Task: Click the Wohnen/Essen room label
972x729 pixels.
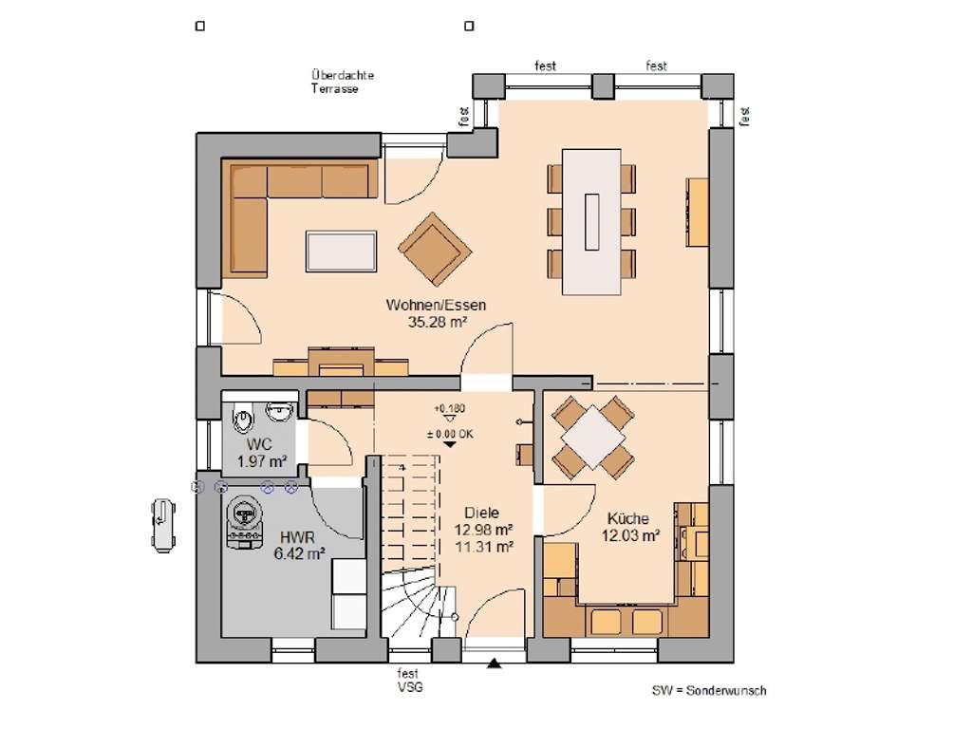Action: [x=436, y=305]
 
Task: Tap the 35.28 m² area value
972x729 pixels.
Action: [x=437, y=322]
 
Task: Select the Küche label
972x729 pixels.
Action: [x=628, y=519]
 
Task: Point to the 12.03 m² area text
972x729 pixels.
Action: [x=630, y=535]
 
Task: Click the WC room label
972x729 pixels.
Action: [x=259, y=444]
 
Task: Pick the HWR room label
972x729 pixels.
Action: [x=297, y=537]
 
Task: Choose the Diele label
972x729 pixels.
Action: [x=481, y=514]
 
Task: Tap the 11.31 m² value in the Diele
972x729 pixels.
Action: [x=483, y=547]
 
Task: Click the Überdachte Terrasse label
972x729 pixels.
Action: [x=342, y=82]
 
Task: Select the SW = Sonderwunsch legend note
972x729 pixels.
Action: [x=708, y=691]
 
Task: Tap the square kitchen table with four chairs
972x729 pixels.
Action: [x=593, y=437]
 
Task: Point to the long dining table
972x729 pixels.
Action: [x=591, y=221]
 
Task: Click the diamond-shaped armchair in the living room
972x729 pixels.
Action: [x=435, y=250]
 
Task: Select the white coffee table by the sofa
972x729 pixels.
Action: [x=341, y=251]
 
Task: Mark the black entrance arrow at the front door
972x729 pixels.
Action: [x=494, y=664]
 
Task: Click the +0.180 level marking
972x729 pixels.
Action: [x=449, y=409]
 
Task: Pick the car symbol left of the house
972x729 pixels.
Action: [x=163, y=525]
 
